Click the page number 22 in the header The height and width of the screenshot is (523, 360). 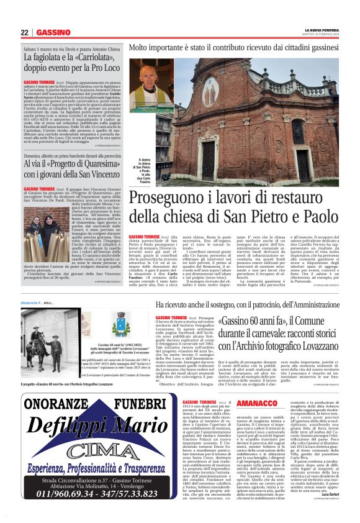click(x=24, y=32)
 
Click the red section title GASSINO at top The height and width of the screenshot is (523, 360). click(x=53, y=32)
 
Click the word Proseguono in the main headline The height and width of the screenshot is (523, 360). click(x=163, y=199)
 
